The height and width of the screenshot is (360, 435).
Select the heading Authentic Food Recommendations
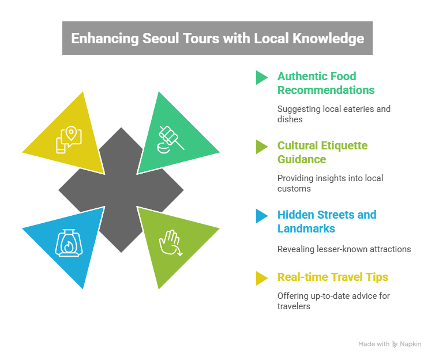click(x=325, y=83)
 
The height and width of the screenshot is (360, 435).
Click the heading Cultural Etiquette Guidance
click(x=322, y=152)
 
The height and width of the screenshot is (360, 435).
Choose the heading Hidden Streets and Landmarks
click(x=326, y=222)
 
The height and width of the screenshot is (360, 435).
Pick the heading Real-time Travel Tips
click(x=332, y=277)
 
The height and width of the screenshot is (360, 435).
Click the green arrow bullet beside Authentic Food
click(x=262, y=77)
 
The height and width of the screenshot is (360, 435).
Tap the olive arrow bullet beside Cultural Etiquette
click(x=262, y=147)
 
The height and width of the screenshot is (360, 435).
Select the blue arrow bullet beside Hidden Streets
click(x=262, y=216)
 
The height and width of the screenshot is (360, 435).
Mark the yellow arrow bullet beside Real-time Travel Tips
click(x=262, y=278)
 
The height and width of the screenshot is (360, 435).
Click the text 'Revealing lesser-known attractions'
click(x=344, y=249)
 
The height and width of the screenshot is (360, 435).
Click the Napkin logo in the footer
click(x=407, y=344)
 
